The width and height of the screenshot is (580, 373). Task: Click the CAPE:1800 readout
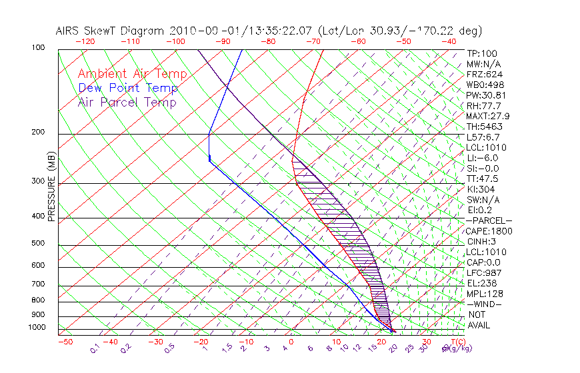coord(485,231)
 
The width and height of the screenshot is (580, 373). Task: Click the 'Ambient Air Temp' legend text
coord(132,74)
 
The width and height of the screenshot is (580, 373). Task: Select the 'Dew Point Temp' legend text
coord(128,88)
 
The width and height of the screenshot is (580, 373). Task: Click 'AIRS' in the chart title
coord(69,31)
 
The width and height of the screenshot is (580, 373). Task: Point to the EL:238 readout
coord(481,283)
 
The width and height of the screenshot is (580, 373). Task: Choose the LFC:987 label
coord(483,272)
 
